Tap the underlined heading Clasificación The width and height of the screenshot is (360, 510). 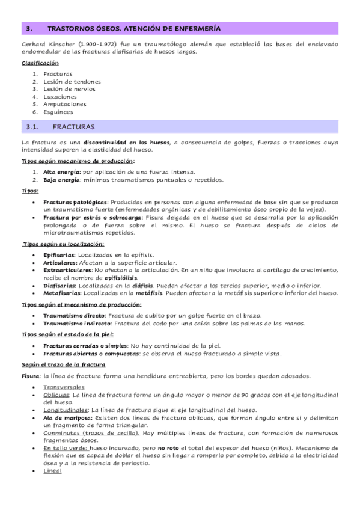40,63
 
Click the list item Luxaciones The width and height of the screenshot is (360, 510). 60,96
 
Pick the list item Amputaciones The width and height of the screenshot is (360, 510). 64,104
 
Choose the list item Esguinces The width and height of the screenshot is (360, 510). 58,112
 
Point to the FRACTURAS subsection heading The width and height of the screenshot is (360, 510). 73,127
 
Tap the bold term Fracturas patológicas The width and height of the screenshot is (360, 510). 76,201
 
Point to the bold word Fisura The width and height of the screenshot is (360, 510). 30,376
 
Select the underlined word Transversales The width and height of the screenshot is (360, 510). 64,387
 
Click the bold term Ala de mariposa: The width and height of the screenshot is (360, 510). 68,417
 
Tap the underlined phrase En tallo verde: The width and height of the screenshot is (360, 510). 66,447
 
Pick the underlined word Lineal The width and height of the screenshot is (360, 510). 52,470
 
